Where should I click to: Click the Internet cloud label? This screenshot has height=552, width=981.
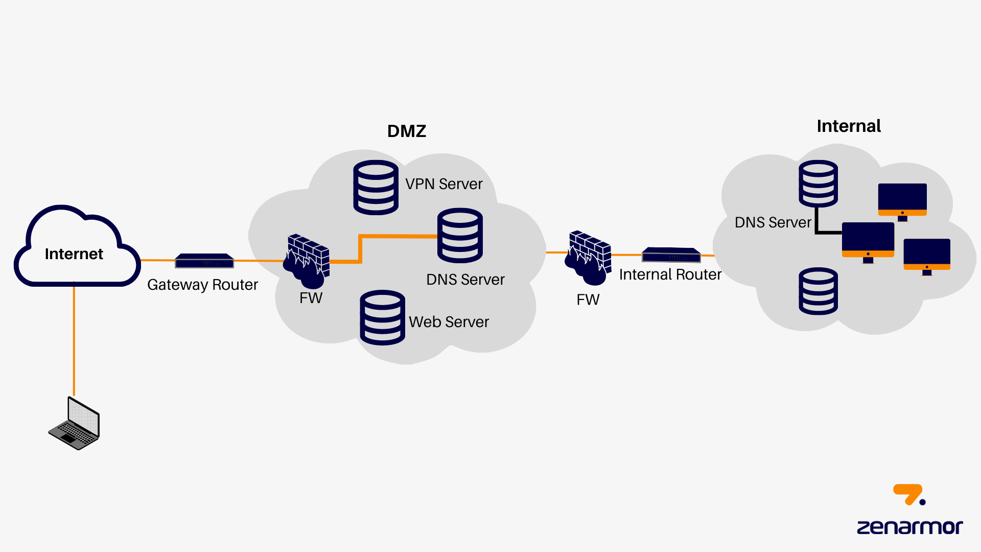point(74,254)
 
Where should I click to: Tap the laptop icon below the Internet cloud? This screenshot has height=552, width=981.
point(75,424)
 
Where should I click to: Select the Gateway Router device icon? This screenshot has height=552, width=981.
point(204,261)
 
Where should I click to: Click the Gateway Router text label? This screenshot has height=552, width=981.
point(202,285)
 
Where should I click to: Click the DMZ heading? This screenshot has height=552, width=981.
point(407,131)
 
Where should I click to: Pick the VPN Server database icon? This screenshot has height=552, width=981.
point(376,187)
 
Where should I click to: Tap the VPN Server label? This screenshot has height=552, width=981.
point(443,184)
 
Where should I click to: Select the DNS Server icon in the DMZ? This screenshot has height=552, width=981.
point(460,235)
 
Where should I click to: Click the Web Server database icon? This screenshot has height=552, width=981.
point(382,317)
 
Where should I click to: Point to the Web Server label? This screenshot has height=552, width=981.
point(449,322)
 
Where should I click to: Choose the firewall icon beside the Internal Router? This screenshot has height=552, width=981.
point(589,258)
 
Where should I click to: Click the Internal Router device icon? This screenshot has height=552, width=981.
point(671,255)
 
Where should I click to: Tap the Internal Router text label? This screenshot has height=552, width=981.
point(670,274)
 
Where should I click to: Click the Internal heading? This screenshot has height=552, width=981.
point(849,126)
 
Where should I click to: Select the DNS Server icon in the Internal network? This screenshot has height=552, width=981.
point(818,183)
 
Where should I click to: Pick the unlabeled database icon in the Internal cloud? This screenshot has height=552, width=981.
point(818,291)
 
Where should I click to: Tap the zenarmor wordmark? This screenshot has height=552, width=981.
point(909,527)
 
